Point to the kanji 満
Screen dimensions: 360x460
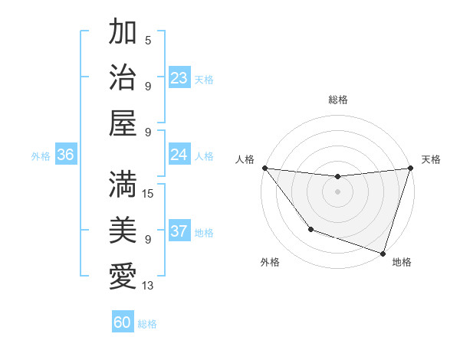pos(123,185)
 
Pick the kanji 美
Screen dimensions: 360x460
pos(123,230)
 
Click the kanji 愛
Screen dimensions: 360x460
pos(123,275)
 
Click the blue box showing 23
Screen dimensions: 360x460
pos(179,77)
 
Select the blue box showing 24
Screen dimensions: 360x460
pos(179,155)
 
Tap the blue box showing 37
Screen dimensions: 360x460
pos(179,231)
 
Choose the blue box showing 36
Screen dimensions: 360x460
pos(65,155)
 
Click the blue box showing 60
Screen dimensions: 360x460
pos(123,322)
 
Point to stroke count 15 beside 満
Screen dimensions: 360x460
pos(148,194)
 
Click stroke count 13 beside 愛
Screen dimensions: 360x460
pos(148,286)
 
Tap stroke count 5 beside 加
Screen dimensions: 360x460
pos(148,41)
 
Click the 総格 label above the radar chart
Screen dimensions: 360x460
pos(337,100)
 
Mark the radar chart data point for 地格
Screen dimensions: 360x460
pos(383,253)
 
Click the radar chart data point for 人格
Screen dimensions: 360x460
pos(264,168)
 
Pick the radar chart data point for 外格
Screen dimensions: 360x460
pos(310,229)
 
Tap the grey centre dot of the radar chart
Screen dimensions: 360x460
pos(337,191)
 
